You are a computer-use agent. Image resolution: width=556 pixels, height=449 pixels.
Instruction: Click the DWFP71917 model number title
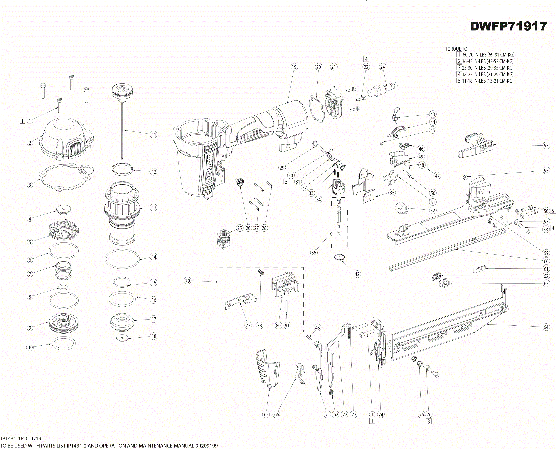click(508, 26)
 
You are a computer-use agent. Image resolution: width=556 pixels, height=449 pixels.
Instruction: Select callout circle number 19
click(294, 67)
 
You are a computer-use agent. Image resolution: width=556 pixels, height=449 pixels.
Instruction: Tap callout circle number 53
click(546, 146)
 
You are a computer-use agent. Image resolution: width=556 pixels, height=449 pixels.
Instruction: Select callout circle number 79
click(188, 281)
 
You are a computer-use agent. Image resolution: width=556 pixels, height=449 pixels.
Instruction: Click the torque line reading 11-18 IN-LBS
click(488, 81)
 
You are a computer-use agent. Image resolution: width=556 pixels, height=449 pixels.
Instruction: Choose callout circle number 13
click(154, 207)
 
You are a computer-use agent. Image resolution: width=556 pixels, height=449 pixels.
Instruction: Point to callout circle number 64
click(546, 327)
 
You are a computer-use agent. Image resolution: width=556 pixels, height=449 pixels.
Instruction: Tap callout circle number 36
click(314, 252)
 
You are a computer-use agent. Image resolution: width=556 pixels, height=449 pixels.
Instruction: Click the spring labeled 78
click(261, 273)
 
